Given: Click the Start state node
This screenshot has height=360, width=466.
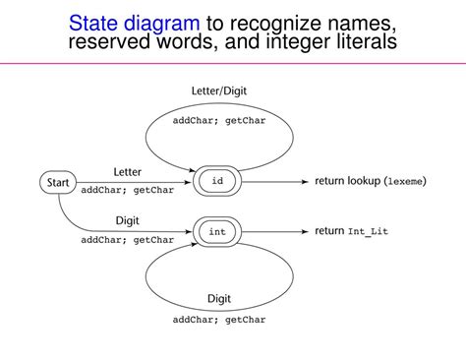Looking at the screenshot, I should point(57,182).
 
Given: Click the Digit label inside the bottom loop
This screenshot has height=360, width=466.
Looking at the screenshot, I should point(219,298).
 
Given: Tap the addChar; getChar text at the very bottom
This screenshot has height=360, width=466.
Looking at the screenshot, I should point(219,320).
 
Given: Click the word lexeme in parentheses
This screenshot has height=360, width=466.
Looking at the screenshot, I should point(404,182).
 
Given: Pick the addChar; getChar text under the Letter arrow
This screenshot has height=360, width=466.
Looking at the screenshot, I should point(127,190).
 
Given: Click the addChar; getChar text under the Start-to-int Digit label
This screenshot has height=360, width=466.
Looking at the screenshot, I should point(127,239).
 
